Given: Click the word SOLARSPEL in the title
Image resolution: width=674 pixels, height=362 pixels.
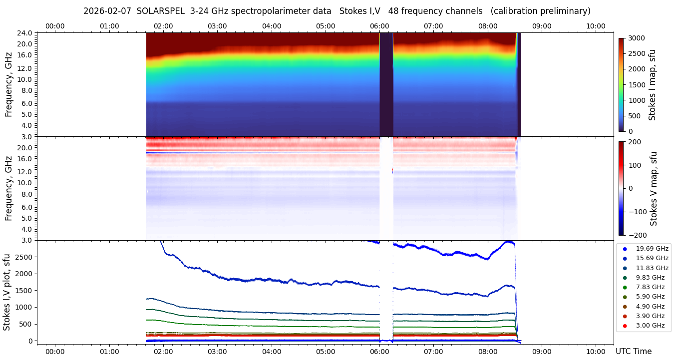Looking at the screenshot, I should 161,11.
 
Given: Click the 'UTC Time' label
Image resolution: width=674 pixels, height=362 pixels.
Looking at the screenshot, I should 633,352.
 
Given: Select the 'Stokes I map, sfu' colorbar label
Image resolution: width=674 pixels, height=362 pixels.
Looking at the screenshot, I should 652,85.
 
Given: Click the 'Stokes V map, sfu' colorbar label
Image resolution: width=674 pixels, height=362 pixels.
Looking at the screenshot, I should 653,189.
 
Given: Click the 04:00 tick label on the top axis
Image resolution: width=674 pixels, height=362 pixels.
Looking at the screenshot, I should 271,26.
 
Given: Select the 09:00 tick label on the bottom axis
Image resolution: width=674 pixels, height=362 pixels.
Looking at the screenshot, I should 541,352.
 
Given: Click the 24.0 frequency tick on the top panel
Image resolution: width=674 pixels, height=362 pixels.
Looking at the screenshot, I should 25,33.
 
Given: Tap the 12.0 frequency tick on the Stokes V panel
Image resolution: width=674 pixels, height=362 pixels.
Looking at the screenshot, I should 25,172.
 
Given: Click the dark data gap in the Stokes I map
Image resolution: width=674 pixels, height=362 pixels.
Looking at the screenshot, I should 386,85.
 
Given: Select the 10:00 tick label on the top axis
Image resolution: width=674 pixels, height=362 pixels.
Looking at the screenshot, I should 596,26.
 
